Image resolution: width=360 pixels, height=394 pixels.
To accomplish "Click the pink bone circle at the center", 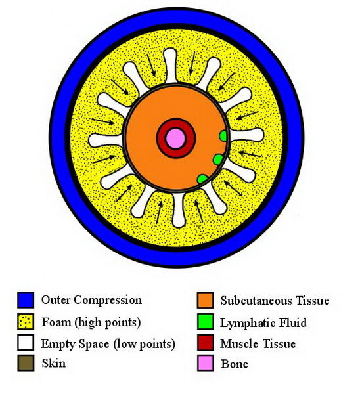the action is click(175, 138).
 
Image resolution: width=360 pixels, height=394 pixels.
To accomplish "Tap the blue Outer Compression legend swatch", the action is click(26, 300).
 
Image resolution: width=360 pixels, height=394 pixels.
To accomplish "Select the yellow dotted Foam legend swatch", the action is click(26, 321).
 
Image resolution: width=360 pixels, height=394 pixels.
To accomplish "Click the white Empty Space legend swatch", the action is click(26, 343).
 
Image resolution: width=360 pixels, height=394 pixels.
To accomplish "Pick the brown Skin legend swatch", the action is click(26, 363).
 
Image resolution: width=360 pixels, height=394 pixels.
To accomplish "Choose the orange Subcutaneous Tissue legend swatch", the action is click(206, 300).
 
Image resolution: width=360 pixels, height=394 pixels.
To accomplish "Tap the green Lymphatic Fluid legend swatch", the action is click(206, 321).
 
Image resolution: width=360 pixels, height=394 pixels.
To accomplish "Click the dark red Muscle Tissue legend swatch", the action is click(206, 343).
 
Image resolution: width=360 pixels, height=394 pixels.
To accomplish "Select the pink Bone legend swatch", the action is click(206, 363).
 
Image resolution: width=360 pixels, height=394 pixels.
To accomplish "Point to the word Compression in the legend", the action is click(108, 301).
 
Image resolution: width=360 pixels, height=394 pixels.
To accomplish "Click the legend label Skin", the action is click(54, 363).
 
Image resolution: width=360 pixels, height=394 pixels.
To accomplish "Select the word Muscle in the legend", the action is click(238, 343).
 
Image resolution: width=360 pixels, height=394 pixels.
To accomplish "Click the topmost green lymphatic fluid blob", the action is click(223, 136).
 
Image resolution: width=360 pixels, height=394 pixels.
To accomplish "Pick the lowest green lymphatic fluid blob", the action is click(202, 179).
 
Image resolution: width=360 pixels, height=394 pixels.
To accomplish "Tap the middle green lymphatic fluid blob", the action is click(218, 160).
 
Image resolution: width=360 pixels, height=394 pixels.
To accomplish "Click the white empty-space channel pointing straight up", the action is click(170, 65).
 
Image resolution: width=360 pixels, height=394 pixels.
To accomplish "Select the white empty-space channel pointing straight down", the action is click(179, 210).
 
